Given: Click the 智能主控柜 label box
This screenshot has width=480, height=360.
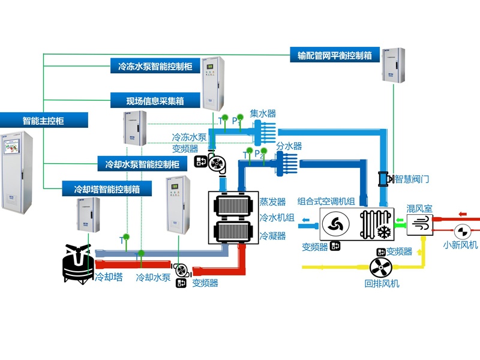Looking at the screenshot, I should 44,121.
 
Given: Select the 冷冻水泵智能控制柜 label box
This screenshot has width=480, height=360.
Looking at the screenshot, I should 155,66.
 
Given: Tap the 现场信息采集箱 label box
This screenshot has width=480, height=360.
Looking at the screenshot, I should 155,100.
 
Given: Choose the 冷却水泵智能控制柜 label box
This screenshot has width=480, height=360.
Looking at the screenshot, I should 142,164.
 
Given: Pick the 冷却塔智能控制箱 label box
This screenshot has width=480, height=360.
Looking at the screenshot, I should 107,189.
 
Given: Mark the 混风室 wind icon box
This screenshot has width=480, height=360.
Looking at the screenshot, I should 420,225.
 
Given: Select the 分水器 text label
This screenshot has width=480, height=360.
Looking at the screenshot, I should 289,146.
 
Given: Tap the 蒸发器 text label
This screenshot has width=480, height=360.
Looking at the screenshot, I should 272,201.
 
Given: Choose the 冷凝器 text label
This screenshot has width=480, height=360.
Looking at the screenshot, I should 272,236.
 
